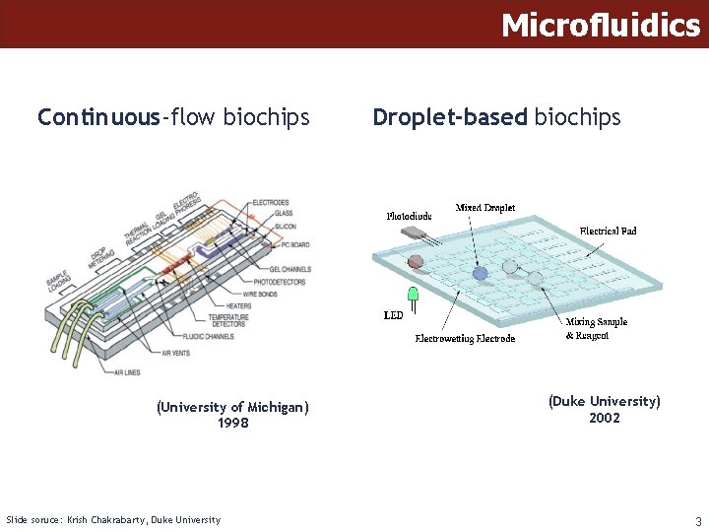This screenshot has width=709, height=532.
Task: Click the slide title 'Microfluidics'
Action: point(601,25)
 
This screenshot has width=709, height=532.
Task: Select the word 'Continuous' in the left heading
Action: point(98,118)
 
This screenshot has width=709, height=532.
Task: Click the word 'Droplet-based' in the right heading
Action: point(449,118)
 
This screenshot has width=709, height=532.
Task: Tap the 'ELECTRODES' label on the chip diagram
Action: point(271,203)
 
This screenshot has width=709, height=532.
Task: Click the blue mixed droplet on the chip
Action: point(480,274)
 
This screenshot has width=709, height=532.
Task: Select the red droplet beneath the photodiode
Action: point(416,262)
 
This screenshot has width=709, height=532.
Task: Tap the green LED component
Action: point(414,295)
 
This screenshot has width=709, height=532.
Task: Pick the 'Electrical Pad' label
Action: point(608,231)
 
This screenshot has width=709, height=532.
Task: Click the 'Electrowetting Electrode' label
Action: point(465,338)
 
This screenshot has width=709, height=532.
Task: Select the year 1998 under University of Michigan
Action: point(232,424)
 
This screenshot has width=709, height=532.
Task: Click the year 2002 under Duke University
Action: point(604,418)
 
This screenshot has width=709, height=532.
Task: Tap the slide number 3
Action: point(697,521)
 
